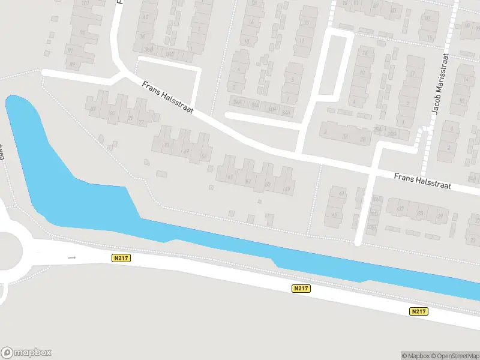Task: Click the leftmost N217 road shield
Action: (121, 258)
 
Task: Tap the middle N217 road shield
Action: (301, 289)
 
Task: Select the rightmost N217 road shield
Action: (419, 311)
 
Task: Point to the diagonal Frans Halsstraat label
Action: (167, 97)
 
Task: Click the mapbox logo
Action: (26, 353)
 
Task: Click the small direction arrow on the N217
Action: (73, 258)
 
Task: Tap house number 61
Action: (230, 176)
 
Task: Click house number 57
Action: (248, 181)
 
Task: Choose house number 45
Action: (334, 214)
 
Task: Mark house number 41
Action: (342, 194)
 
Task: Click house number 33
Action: (421, 213)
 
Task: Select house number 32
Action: (345, 136)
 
